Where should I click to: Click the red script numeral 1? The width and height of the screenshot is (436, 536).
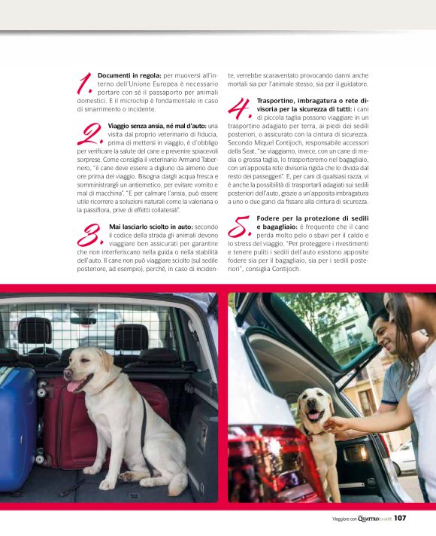[85, 84]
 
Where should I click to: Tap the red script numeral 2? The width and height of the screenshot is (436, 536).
[90, 134]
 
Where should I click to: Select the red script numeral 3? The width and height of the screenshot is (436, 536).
[90, 235]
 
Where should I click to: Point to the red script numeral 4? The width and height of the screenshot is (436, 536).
[240, 108]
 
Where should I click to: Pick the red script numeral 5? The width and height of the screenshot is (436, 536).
[240, 227]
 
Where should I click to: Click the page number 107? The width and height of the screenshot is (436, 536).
[400, 518]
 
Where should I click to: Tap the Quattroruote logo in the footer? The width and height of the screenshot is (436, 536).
[374, 519]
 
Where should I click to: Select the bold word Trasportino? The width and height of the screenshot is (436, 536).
[276, 101]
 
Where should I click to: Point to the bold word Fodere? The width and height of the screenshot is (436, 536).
[268, 218]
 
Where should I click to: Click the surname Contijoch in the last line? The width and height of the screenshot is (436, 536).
[286, 269]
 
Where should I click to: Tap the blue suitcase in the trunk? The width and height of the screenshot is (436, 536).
[17, 428]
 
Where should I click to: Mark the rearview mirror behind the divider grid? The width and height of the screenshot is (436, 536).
[83, 321]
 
